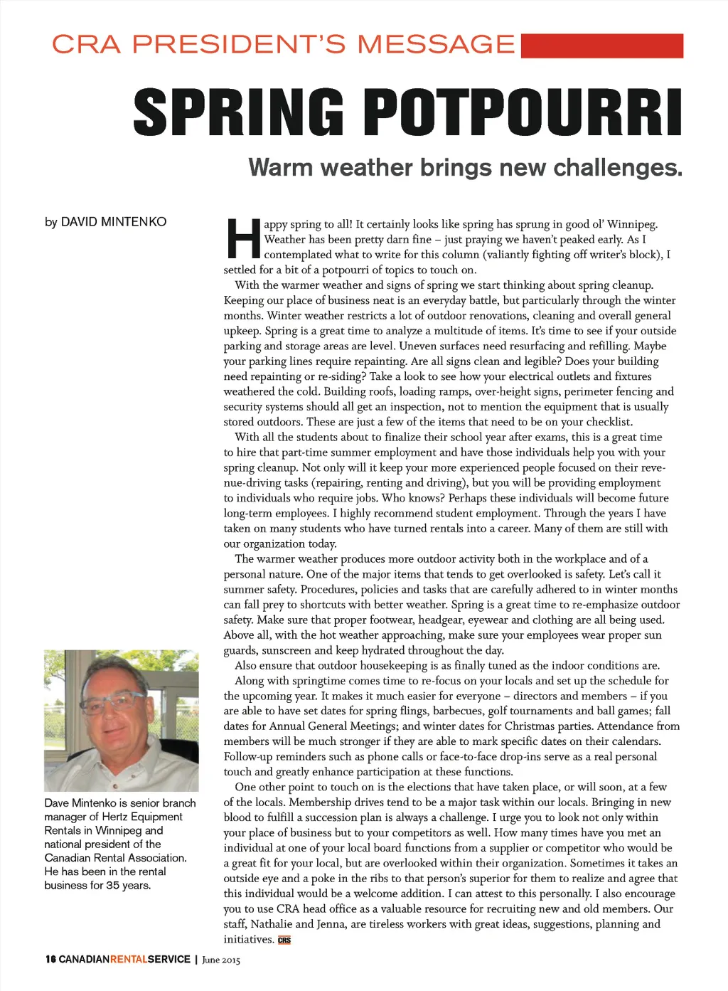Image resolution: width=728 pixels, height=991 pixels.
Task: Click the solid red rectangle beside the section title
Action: pos(601,46)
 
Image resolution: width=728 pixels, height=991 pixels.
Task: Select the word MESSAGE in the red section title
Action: pos(436,44)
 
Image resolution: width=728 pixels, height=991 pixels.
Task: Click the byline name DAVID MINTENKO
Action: pos(114,222)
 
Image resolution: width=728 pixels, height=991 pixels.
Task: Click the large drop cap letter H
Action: pos(242,239)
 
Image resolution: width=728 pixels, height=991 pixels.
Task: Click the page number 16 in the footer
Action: pos(50,959)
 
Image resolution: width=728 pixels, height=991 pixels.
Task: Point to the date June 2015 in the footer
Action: pos(221,960)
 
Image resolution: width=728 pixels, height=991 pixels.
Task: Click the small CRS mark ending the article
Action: pos(284,940)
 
